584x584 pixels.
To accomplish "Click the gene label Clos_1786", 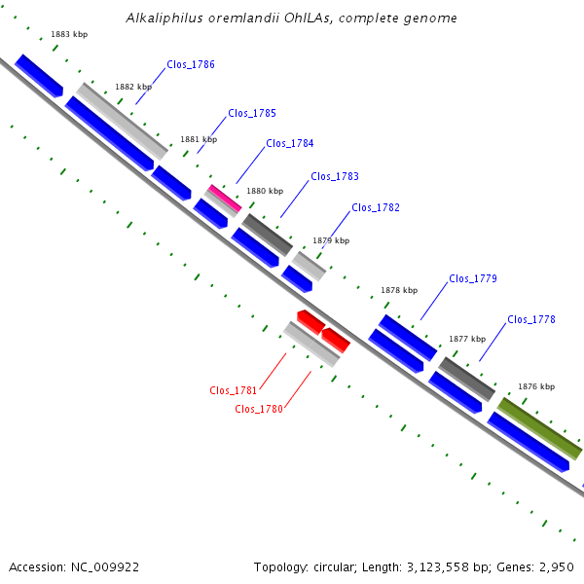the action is click(x=191, y=64).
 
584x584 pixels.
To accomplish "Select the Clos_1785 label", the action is click(x=252, y=113).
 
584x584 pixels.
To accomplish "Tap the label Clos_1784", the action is click(x=290, y=143).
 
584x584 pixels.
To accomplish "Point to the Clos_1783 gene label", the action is click(x=335, y=176).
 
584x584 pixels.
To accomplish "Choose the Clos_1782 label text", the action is click(x=376, y=207).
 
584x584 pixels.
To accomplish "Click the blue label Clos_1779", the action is click(x=473, y=278).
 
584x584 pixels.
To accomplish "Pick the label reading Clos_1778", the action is click(x=531, y=319).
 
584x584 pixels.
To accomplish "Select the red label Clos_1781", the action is click(x=234, y=390).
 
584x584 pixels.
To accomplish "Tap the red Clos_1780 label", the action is click(x=259, y=409).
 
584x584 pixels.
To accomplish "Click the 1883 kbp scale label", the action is click(x=69, y=34).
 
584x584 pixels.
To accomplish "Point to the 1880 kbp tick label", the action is click(x=265, y=191).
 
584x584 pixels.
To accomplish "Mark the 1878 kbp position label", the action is click(x=399, y=290).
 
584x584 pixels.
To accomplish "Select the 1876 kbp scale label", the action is click(x=536, y=386).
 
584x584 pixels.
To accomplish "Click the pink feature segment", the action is click(x=225, y=198).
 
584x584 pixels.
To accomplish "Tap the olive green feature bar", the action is click(x=539, y=428).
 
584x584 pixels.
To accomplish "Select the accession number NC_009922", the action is click(x=105, y=567).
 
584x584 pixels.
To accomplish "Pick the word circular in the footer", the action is click(x=334, y=567).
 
